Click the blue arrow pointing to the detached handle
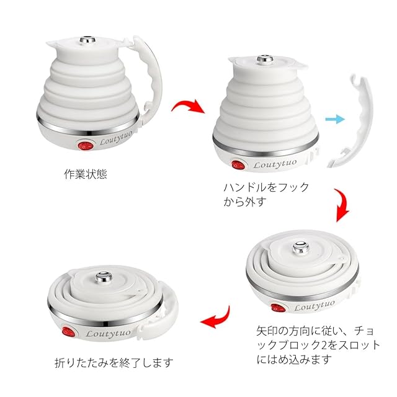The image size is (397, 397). (335, 119)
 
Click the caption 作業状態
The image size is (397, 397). (86, 174)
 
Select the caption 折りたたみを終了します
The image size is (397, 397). (114, 362)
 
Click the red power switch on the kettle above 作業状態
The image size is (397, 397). (86, 146)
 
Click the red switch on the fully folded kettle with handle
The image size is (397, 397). (69, 332)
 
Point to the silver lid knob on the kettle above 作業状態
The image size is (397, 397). (87, 40)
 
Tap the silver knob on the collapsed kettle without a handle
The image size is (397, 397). (301, 248)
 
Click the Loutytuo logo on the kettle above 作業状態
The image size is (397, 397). (116, 138)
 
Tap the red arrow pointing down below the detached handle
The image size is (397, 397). (342, 205)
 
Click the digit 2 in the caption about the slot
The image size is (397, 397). (324, 345)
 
